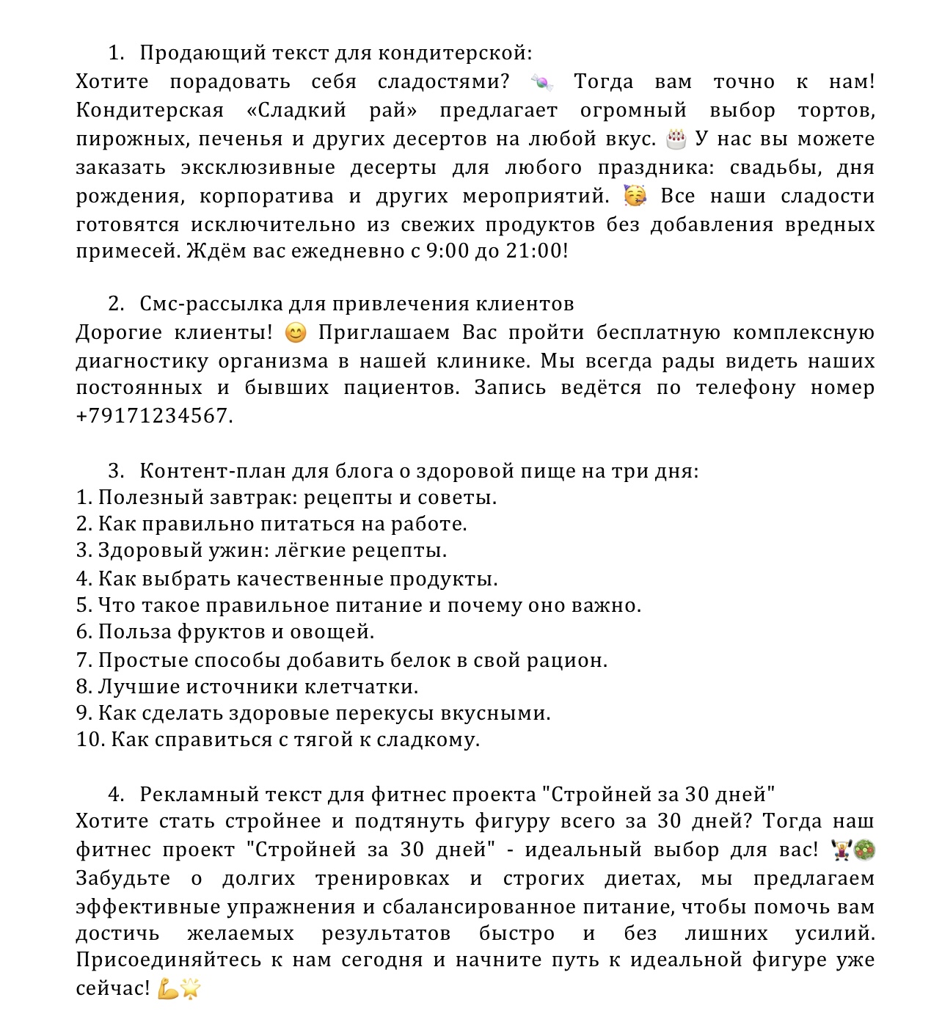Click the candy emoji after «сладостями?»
(x=541, y=83)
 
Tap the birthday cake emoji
(x=676, y=139)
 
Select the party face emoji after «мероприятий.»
(x=635, y=196)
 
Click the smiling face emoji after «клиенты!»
(x=295, y=333)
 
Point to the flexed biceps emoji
(x=168, y=989)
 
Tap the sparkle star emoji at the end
(x=191, y=989)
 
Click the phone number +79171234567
(x=154, y=416)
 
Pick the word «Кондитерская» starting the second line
(x=150, y=111)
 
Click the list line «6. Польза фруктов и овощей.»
(x=225, y=632)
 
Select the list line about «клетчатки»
(x=247, y=687)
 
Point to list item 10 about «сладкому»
(x=278, y=740)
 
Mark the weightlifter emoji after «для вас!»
(x=841, y=850)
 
